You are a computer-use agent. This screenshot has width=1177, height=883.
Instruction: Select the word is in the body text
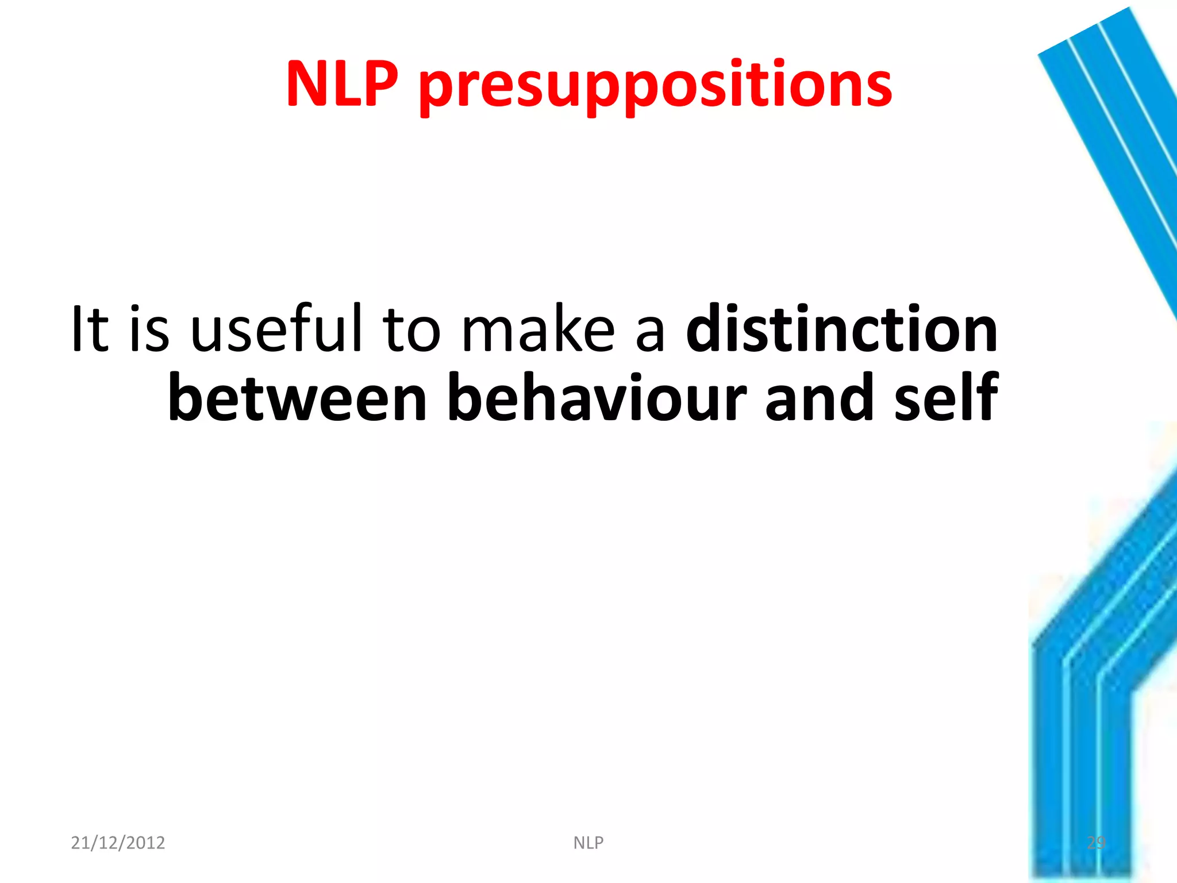click(x=149, y=329)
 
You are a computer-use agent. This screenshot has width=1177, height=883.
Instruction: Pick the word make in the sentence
click(x=539, y=329)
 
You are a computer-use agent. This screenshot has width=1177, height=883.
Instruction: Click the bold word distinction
click(x=842, y=329)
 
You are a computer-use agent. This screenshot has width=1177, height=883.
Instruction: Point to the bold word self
click(x=946, y=397)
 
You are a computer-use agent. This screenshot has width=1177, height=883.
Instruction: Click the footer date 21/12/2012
click(x=118, y=843)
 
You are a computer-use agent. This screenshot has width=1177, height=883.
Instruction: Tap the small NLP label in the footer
click(x=588, y=843)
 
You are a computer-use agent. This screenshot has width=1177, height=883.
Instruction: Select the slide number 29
click(x=1096, y=843)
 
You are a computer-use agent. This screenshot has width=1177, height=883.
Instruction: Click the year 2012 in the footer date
click(x=145, y=843)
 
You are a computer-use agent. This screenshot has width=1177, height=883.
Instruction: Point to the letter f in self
click(x=986, y=396)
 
